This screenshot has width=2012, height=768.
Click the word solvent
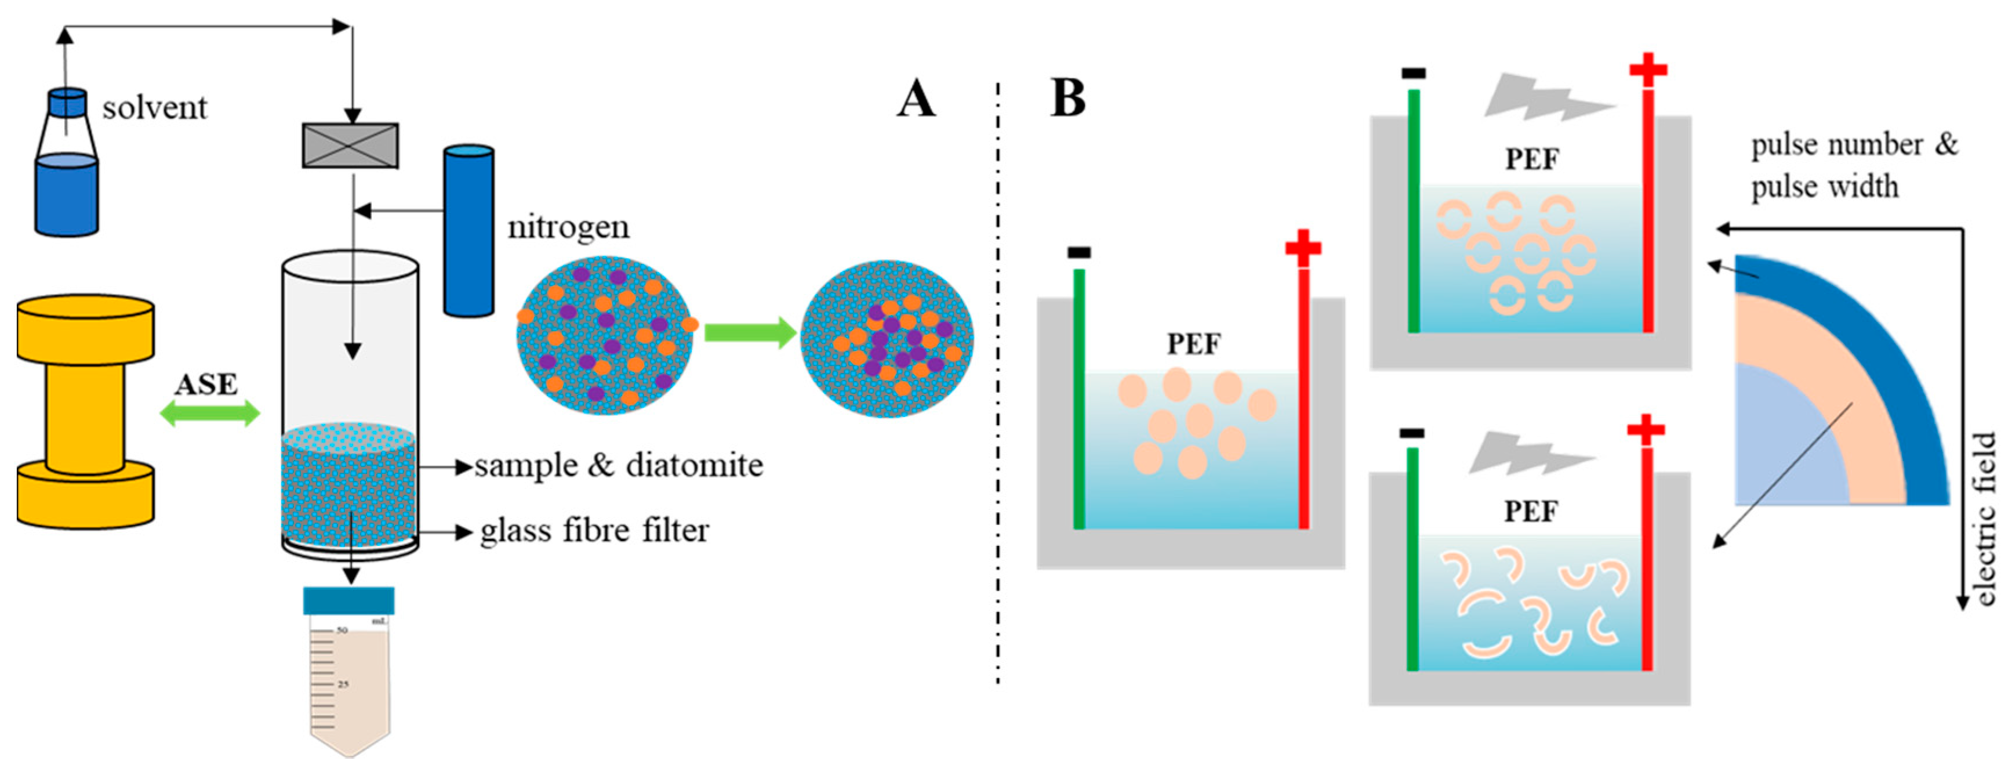[155, 108]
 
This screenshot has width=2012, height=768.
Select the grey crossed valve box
[351, 146]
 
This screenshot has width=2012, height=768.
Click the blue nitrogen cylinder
[468, 230]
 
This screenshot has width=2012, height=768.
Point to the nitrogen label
[568, 227]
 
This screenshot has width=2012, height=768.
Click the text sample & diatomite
[618, 466]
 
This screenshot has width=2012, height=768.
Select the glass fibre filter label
[594, 531]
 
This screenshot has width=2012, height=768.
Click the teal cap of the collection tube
[348, 600]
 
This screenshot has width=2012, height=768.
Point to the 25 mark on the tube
[343, 684]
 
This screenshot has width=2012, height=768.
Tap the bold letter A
[916, 100]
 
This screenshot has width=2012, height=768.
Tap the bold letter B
[1067, 99]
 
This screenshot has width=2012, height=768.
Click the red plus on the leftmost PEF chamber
[1303, 248]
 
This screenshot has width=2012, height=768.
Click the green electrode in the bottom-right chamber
[1412, 559]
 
